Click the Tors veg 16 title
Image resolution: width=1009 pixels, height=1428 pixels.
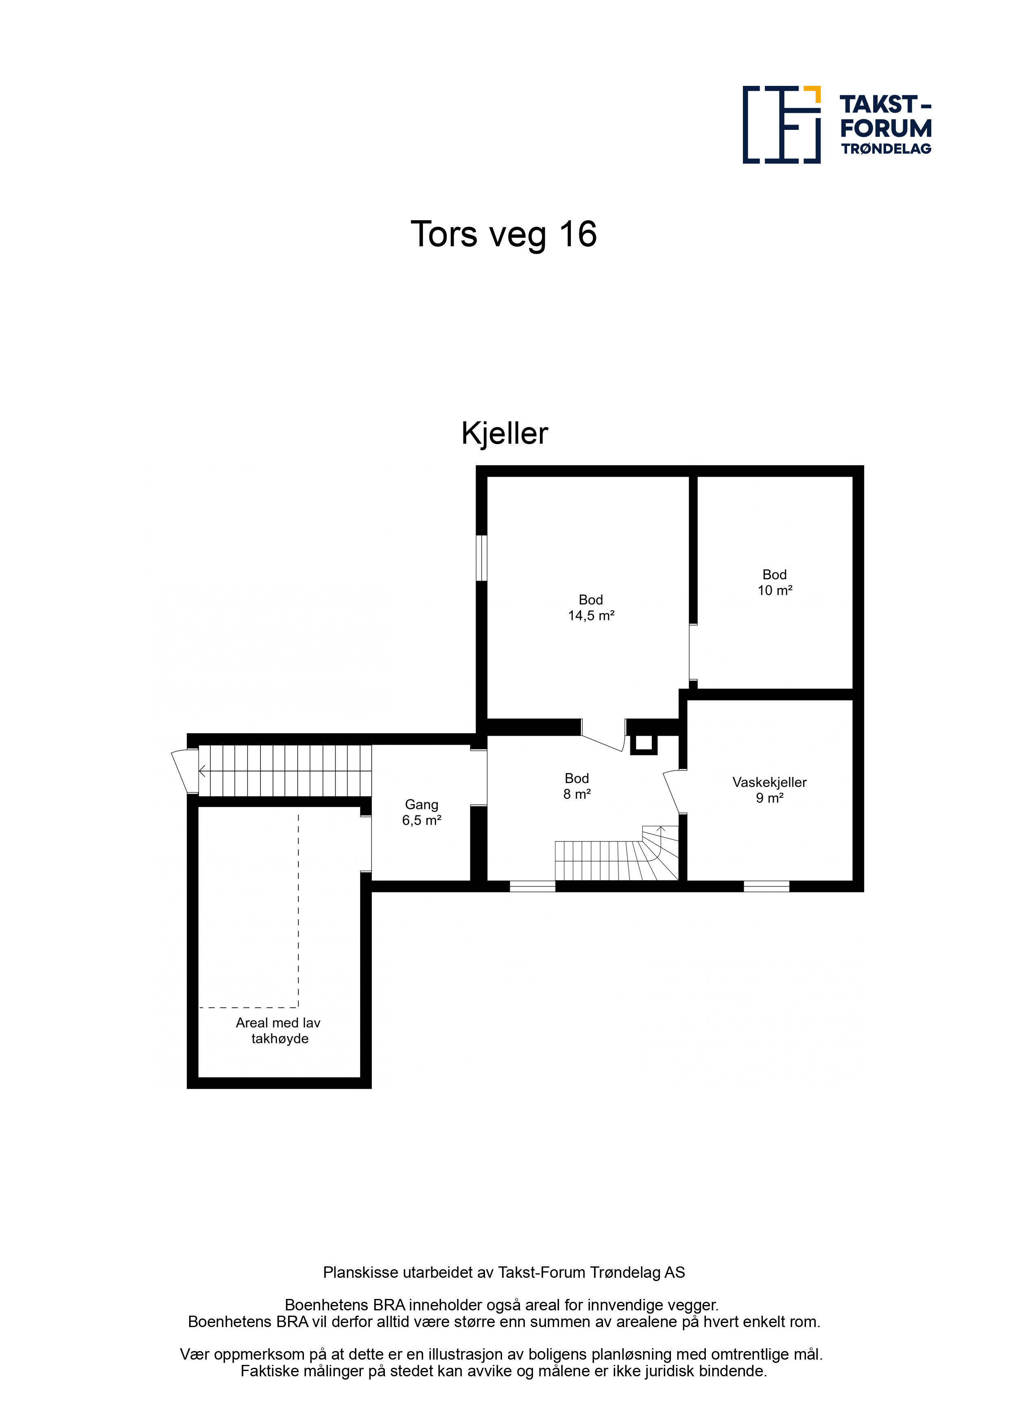click(504, 234)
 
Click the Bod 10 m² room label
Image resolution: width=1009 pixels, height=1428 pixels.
click(775, 582)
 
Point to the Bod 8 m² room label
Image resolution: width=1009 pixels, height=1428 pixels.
click(577, 786)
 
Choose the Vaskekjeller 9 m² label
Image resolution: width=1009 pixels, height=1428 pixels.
click(770, 790)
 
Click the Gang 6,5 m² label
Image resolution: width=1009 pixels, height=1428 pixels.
click(422, 812)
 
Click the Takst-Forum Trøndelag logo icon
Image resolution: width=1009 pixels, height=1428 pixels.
click(782, 125)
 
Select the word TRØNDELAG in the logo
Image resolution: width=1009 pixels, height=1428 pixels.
click(887, 149)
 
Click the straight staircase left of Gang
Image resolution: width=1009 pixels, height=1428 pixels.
click(285, 771)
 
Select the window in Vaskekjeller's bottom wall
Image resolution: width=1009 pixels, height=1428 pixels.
click(767, 886)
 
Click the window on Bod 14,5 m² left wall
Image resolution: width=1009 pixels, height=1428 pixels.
click(481, 558)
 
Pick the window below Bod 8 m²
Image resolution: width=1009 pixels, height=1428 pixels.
click(532, 886)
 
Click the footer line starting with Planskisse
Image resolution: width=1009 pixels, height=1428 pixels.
click(504, 1272)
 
